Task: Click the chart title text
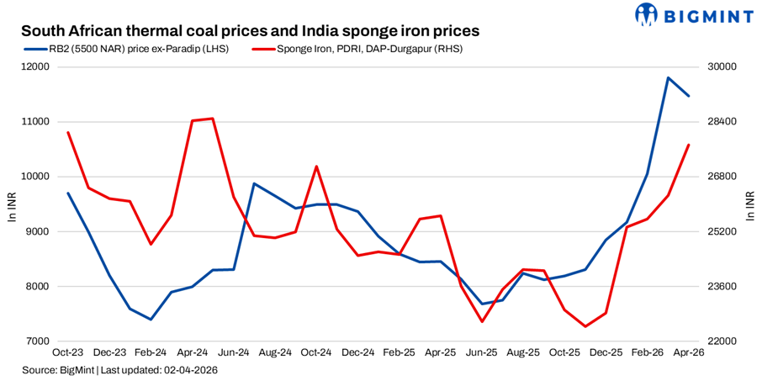click(x=250, y=31)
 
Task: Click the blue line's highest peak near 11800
click(x=668, y=78)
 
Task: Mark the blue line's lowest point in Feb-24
click(x=151, y=320)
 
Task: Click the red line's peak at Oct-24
click(x=316, y=167)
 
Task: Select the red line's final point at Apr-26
click(x=689, y=145)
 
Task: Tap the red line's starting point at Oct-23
click(x=68, y=132)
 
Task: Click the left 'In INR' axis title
click(x=11, y=204)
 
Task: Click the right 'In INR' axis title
click(x=750, y=204)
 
